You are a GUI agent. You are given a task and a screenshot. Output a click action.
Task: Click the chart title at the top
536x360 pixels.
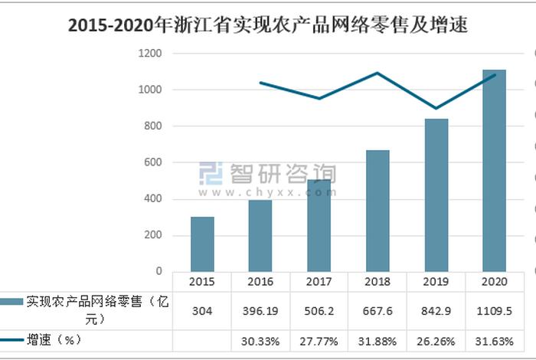pos(267,25)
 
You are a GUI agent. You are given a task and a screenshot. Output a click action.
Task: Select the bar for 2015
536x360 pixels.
pos(202,244)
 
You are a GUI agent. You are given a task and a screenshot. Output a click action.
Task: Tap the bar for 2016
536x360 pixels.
pos(260,235)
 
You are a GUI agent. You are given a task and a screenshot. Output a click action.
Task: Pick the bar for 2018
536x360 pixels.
pos(377,211)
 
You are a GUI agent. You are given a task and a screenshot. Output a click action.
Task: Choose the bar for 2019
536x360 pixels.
pos(436,195)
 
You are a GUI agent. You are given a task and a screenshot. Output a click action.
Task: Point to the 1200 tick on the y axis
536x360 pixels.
pos(149,54)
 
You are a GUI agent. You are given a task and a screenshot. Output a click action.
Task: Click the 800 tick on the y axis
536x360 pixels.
pos(152,126)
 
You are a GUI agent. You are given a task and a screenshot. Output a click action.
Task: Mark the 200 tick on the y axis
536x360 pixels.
pos(152,235)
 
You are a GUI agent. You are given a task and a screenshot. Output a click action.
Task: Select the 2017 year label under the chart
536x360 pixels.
pos(319,281)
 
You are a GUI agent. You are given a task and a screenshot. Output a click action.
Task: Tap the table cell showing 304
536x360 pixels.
pos(203,310)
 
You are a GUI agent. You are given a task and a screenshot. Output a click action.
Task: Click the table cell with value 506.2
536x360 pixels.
pos(319,310)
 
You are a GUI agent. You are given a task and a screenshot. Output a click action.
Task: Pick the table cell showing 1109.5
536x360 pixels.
pos(494,310)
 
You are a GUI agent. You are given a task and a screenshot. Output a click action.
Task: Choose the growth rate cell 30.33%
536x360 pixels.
pos(261,339)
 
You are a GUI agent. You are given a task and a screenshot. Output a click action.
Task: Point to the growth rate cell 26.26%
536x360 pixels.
pos(436,339)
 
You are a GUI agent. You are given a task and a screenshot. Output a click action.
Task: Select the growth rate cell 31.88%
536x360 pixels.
pos(377,339)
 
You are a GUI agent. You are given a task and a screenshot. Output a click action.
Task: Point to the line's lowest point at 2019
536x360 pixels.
pos(436,109)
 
